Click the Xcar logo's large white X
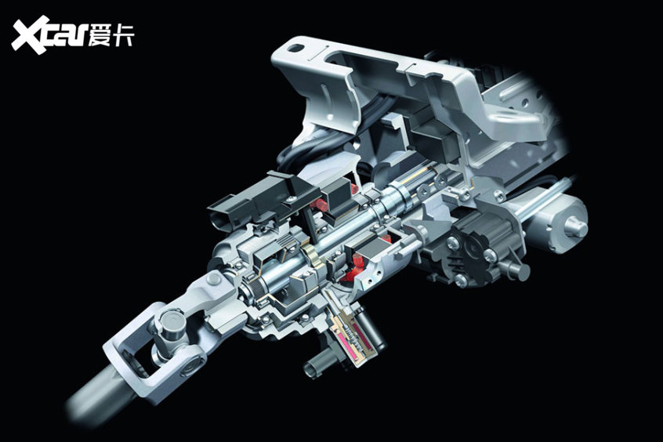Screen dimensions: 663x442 31,34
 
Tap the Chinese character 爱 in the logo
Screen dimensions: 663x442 100,34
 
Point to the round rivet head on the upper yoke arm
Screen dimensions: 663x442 214,279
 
